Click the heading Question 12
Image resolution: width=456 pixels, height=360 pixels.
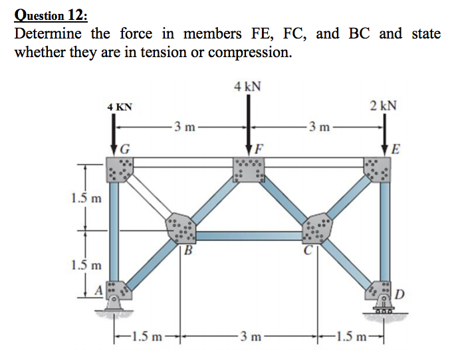click(46, 13)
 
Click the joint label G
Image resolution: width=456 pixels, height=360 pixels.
click(124, 149)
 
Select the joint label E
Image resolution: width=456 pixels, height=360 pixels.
click(396, 149)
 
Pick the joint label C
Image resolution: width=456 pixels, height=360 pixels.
click(308, 250)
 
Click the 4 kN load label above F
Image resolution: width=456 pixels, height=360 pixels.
click(247, 86)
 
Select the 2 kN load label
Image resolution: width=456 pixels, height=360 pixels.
click(384, 105)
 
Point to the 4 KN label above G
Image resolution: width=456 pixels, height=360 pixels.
click(120, 106)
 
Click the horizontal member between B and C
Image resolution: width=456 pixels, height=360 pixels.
click(249, 235)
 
